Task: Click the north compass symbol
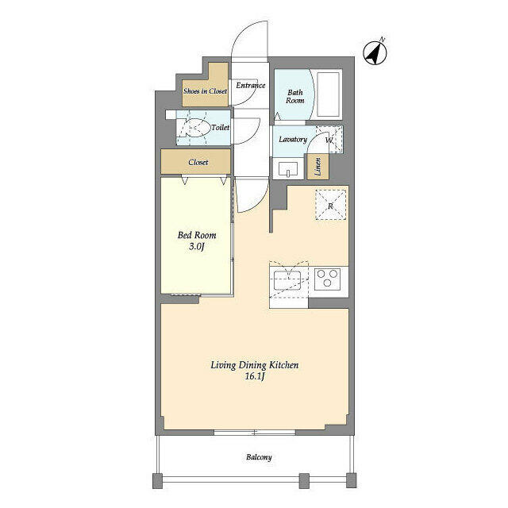(375, 53)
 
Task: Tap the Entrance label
(251, 85)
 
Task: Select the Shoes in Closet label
(205, 91)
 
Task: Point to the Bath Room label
(294, 97)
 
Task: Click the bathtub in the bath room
(328, 94)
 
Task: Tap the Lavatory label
(293, 140)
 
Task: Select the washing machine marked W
(329, 140)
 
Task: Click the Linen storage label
(317, 167)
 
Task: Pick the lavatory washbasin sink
(288, 169)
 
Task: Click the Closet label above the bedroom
(198, 162)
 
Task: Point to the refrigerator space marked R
(330, 206)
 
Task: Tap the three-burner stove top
(328, 279)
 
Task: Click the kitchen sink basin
(287, 280)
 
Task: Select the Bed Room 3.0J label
(197, 241)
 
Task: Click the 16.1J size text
(255, 376)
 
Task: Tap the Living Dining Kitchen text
(255, 365)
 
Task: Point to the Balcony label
(259, 457)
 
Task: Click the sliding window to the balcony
(255, 432)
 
